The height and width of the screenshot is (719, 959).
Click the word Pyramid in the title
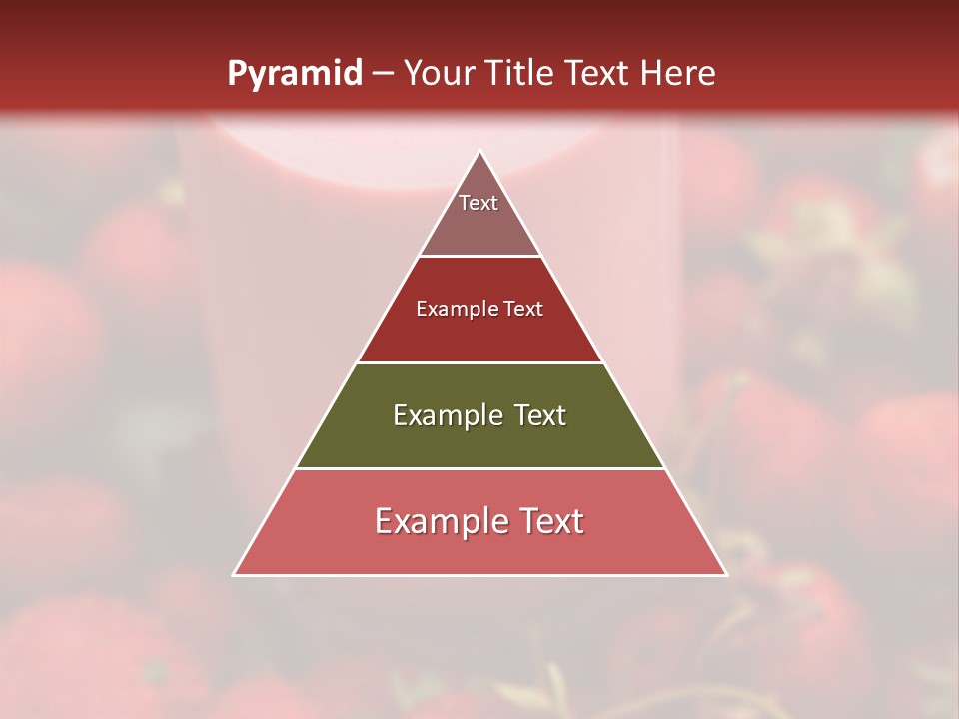click(x=294, y=74)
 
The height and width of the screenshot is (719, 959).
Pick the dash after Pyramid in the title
click(x=383, y=75)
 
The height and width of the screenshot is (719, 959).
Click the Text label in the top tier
click(x=479, y=203)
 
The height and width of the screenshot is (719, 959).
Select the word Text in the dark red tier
click(x=523, y=309)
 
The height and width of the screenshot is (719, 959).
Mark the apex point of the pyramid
click(x=479, y=152)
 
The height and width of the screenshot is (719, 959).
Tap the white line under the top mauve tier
click(x=479, y=257)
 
